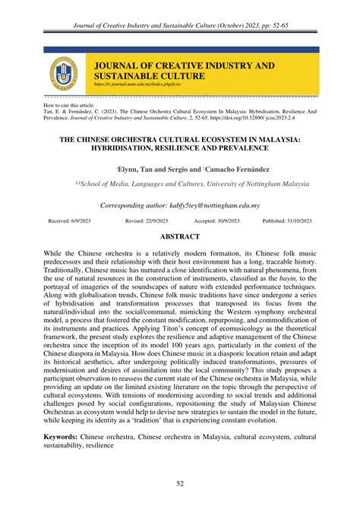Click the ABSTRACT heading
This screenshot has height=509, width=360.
(x=180, y=236)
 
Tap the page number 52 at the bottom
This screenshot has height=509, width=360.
(x=180, y=484)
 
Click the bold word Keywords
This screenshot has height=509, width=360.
(x=63, y=438)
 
